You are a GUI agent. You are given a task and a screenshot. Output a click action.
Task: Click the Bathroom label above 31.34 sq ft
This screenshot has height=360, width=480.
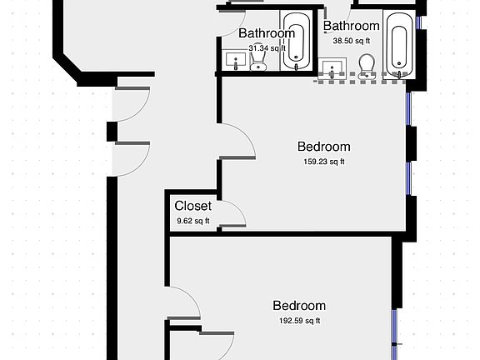tap(267, 33)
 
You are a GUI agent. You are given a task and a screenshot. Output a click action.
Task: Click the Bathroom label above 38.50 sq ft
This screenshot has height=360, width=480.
tap(351, 26)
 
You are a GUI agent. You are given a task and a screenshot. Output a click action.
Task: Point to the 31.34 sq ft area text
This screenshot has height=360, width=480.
tap(267, 48)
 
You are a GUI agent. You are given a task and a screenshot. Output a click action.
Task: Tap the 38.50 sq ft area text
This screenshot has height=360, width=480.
tap(351, 40)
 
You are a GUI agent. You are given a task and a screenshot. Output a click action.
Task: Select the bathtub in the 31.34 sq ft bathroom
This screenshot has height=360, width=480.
tap(293, 41)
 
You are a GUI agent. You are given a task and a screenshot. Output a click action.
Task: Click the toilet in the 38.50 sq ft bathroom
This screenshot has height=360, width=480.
tap(366, 64)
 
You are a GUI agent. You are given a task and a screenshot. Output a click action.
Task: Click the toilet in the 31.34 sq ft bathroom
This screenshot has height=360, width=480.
tap(257, 62)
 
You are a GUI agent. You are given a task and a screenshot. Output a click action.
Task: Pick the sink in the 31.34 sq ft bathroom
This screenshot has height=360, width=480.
tap(234, 62)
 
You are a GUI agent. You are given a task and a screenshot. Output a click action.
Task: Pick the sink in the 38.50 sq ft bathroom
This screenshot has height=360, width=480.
tap(336, 67)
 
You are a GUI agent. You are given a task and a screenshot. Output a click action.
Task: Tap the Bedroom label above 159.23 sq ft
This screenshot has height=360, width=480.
tap(324, 147)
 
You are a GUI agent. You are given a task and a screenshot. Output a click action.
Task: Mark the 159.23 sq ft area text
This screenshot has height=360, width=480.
tap(324, 162)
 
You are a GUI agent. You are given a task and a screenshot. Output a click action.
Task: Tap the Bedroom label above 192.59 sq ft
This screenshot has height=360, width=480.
tap(299, 306)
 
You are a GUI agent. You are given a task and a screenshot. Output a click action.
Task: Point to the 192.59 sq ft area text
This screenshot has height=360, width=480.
tap(299, 321)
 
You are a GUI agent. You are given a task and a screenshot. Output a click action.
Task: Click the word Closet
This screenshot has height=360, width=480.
tap(192, 206)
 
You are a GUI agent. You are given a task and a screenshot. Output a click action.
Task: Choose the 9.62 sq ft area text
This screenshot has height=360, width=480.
tap(192, 221)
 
